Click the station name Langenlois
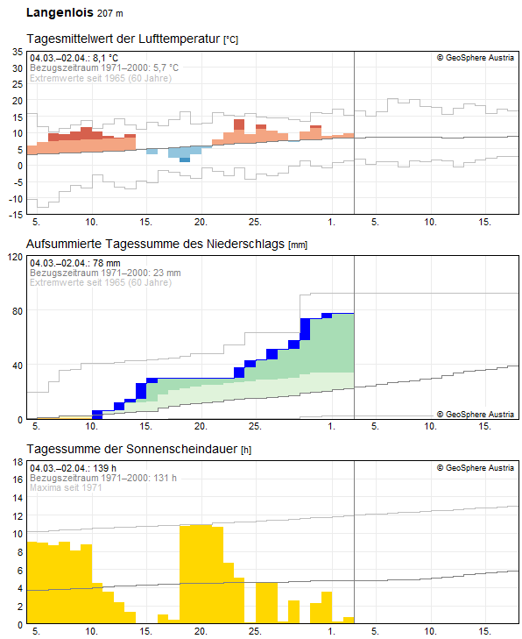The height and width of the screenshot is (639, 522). pos(59,13)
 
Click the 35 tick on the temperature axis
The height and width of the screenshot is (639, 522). pos(17,53)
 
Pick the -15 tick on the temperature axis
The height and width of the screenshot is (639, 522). pos(15,214)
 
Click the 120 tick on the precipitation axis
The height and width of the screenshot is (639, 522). pos(14,258)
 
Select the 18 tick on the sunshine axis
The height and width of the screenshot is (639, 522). pos(17,479)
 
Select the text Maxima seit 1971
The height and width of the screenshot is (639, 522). pos(66,487)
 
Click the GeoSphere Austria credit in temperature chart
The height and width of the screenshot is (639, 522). pos(476,58)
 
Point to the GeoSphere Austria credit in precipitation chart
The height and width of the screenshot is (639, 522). pos(476,414)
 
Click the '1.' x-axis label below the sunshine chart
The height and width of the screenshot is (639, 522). pos(332,631)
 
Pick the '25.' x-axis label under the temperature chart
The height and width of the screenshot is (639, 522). pos(255,221)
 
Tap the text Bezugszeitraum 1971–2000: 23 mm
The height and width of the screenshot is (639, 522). pos(105,273)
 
